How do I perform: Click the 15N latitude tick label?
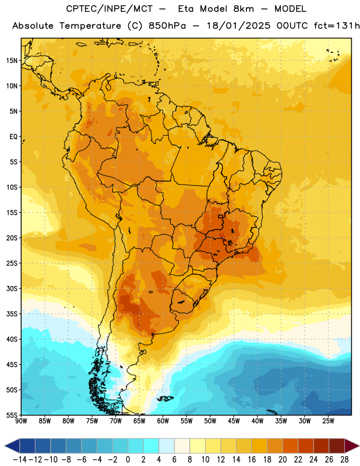pos(12,61)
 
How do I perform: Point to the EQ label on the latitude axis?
pos(13,137)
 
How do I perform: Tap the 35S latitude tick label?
pos(12,314)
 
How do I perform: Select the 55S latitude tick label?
pos(12,415)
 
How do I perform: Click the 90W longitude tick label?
pos(21,421)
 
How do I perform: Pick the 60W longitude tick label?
pos(163,421)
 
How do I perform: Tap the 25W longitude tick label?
pos(328,421)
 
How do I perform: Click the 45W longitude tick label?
pos(234,421)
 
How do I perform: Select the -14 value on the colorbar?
pos(20,460)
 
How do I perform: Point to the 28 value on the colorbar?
pos(344,460)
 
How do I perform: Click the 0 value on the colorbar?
pos(128,460)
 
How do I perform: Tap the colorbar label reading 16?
pos(252,460)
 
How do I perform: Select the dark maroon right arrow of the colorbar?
pos(352,446)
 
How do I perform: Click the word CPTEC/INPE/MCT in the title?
pos(110,9)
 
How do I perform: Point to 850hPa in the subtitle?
pos(167,26)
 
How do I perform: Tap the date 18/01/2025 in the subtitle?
pos(238,26)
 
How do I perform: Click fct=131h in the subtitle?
pos(337,26)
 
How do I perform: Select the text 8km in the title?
pos(243,9)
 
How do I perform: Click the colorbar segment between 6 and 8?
pos(182,446)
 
